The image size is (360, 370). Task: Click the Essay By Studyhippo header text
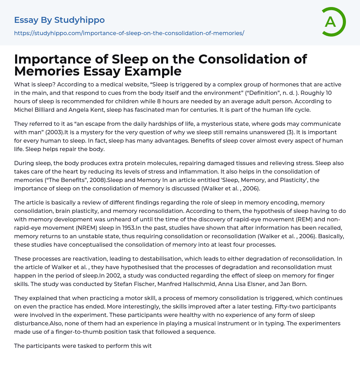click(x=59, y=20)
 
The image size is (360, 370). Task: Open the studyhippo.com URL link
click(x=129, y=33)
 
